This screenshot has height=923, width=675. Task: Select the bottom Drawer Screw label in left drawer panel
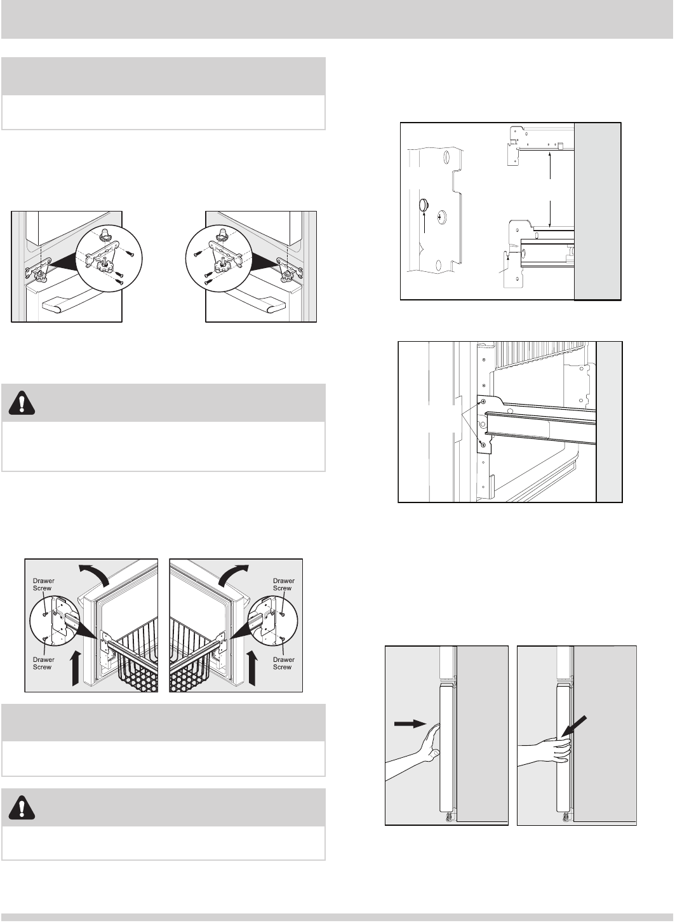coord(43,663)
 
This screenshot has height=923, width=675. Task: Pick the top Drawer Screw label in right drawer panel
coord(283,584)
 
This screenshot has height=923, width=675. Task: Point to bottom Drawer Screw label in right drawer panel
coord(283,663)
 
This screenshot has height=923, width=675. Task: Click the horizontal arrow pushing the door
coord(409,723)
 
